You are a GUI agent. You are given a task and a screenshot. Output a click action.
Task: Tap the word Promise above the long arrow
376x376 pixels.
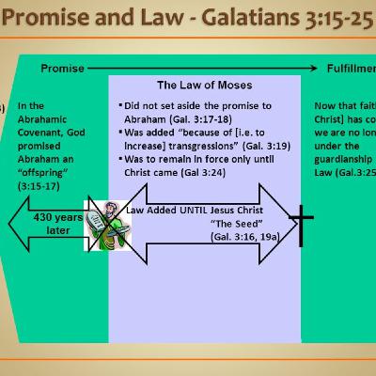click(62, 69)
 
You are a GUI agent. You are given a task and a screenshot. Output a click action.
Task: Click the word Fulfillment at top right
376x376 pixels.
click(348, 69)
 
